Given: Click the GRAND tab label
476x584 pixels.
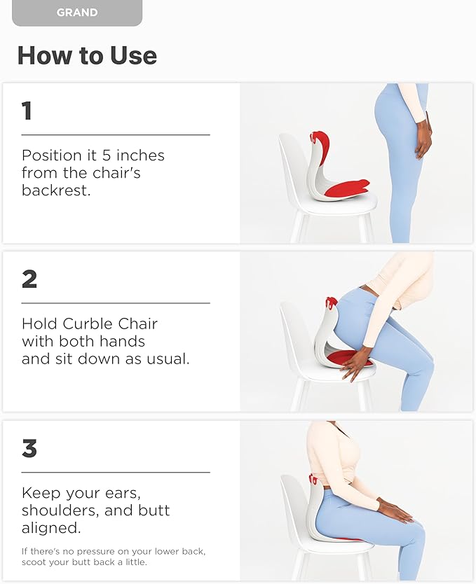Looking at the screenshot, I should (76, 12).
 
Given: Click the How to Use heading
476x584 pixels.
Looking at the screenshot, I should (87, 55).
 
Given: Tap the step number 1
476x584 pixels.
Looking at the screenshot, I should (27, 111).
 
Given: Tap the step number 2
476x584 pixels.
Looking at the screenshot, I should (29, 279).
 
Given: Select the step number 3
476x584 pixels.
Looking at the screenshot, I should (29, 448).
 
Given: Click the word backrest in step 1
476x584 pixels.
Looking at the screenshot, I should (56, 190).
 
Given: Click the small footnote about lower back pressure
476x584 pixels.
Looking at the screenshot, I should (114, 557).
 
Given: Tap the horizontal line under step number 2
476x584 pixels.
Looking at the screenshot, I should (116, 303).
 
